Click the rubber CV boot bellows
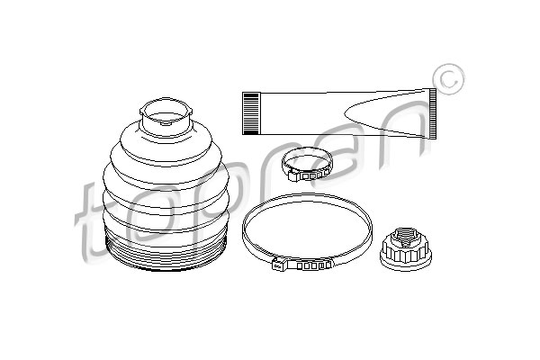[x=166, y=186]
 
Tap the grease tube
[x=339, y=113]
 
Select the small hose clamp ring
[x=308, y=165]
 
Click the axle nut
[x=406, y=249]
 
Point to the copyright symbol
[x=449, y=79]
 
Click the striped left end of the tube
[x=251, y=113]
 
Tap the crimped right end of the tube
[x=433, y=113]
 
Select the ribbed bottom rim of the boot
[x=166, y=253]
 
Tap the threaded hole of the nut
[x=406, y=238]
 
